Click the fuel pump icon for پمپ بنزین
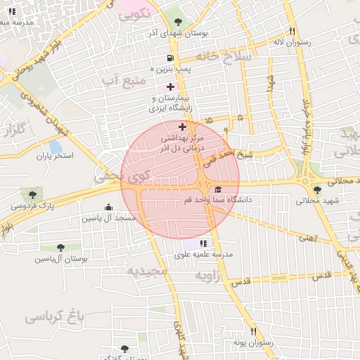point(169,58)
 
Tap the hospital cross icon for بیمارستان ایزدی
point(170,86)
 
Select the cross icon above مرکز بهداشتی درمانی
point(183,127)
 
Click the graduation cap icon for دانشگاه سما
point(217,190)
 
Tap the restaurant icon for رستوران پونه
point(253,331)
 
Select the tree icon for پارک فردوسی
point(32,193)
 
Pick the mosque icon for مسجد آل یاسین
point(108,207)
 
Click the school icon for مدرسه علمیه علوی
point(204,243)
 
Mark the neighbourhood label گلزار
point(14,130)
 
